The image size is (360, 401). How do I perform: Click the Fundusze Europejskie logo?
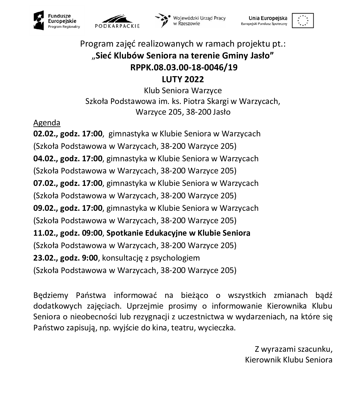tap(57, 21)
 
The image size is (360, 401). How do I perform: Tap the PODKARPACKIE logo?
tap(117, 21)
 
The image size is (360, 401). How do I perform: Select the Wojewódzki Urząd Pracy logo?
tap(190, 21)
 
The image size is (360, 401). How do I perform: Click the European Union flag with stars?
tap(303, 21)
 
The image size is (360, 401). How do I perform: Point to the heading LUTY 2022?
tap(183, 79)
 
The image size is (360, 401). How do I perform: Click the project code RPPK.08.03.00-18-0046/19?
tap(184, 67)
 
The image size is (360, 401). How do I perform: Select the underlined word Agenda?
tap(47, 123)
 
